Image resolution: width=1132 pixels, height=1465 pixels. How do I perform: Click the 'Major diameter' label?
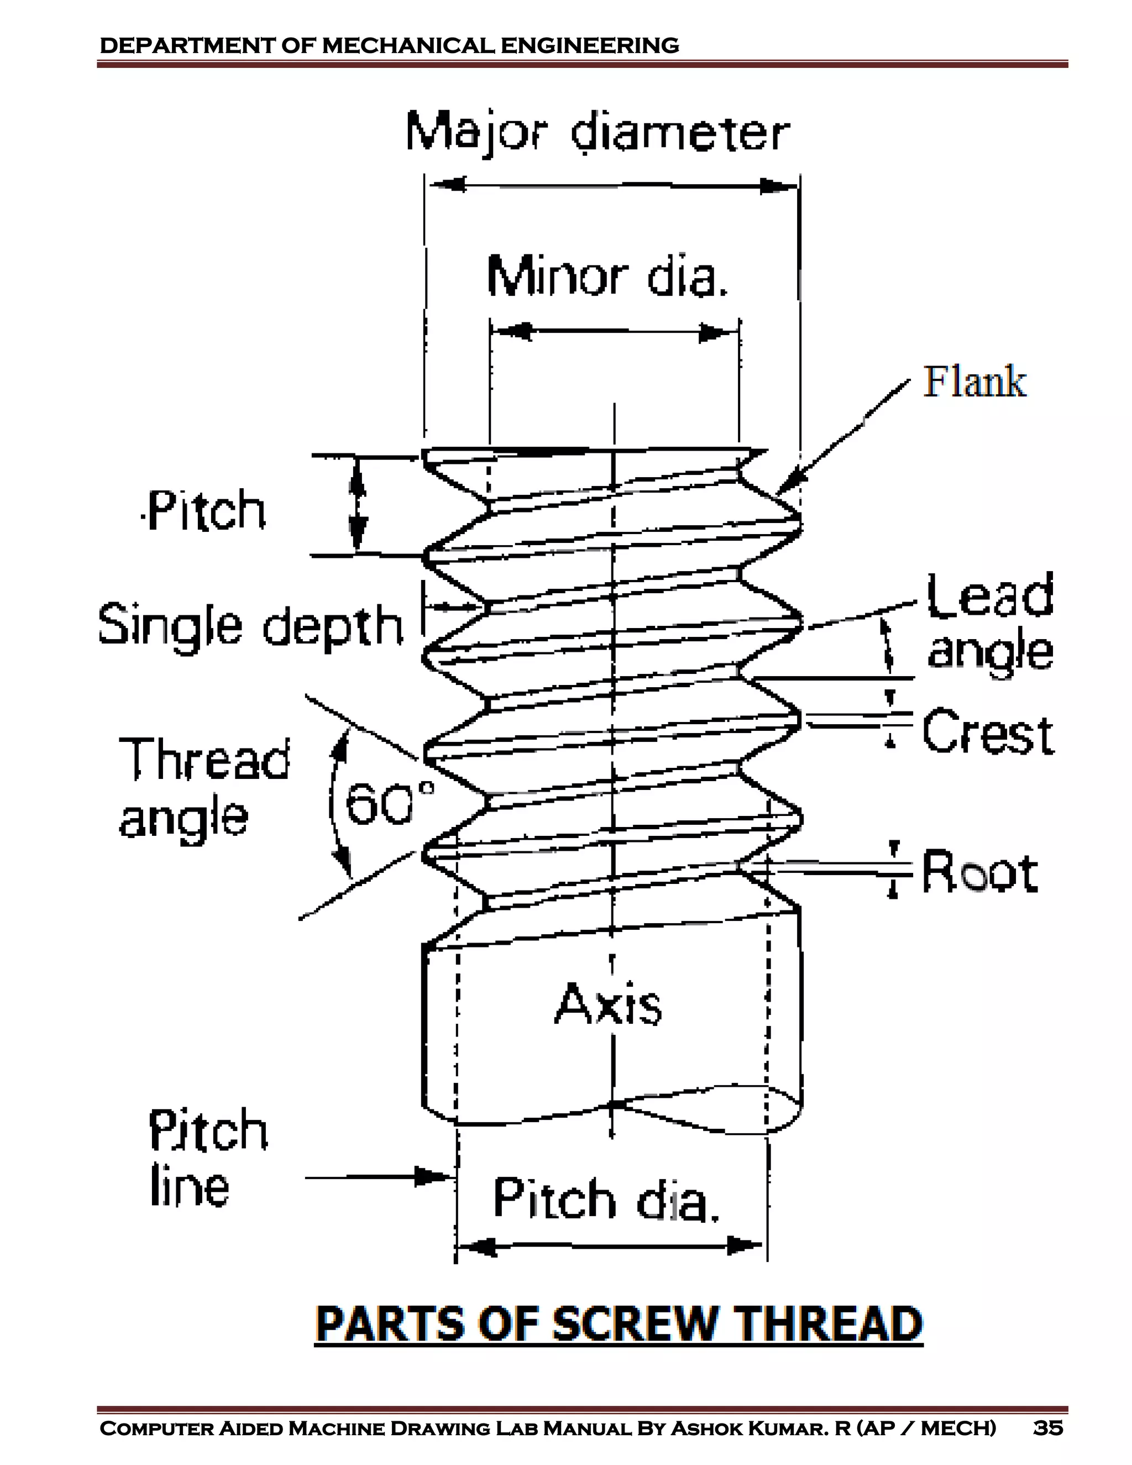tap(598, 133)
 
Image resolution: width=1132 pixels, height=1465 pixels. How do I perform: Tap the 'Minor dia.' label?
tap(607, 276)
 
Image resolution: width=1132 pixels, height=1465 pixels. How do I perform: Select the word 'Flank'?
tap(974, 383)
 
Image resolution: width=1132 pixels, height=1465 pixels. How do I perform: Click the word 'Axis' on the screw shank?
tap(608, 1004)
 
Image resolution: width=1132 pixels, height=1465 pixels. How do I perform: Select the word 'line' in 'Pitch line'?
tap(190, 1187)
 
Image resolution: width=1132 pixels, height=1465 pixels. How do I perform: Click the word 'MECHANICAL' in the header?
tap(409, 46)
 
